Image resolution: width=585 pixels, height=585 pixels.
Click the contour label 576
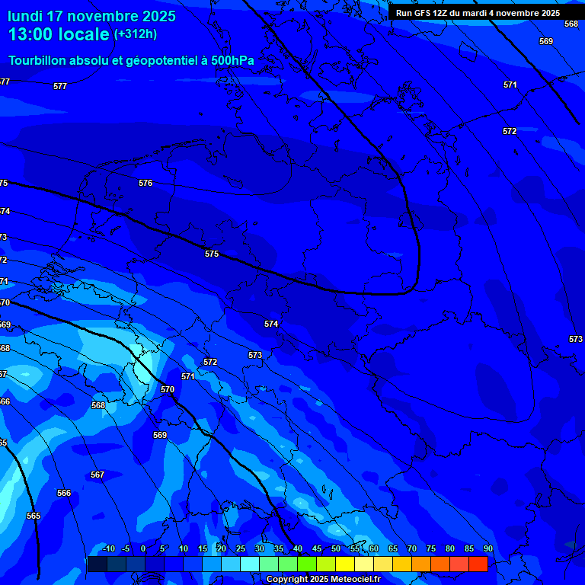pyautogui.click(x=145, y=183)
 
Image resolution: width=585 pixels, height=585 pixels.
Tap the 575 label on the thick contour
pyautogui.click(x=212, y=254)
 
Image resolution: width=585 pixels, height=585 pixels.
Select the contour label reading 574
pyautogui.click(x=271, y=324)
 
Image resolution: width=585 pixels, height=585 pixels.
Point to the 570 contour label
pyautogui.click(x=168, y=389)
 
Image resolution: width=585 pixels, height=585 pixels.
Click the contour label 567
pyautogui.click(x=97, y=475)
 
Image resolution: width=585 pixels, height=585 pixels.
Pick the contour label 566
pyautogui.click(x=64, y=493)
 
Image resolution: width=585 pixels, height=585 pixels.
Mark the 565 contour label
pyautogui.click(x=33, y=516)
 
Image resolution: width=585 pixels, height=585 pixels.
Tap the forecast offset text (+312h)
pyautogui.click(x=136, y=34)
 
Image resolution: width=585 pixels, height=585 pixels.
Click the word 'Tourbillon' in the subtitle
pyautogui.click(x=38, y=60)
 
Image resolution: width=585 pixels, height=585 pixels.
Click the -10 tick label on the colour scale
pyautogui.click(x=108, y=548)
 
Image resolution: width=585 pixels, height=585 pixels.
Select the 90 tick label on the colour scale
pyautogui.click(x=487, y=548)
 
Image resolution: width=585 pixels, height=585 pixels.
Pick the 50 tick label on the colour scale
pyautogui.click(x=336, y=548)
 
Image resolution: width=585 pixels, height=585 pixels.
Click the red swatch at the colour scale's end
pyautogui.click(x=478, y=564)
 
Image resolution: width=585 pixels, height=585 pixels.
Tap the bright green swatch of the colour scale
pyautogui.click(x=306, y=564)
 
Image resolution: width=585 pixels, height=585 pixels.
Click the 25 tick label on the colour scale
pyautogui.click(x=241, y=548)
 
